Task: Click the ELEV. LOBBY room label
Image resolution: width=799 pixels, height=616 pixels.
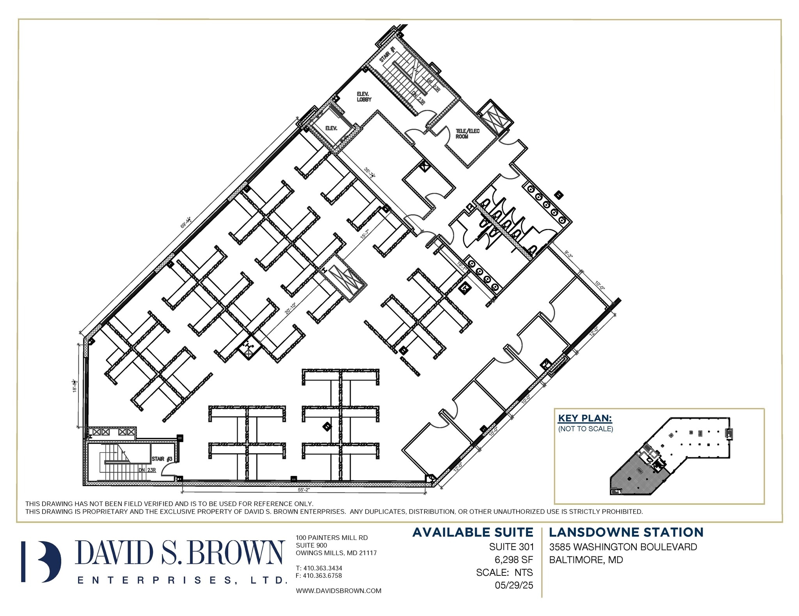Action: tap(364, 97)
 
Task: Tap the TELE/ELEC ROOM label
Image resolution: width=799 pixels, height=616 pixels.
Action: tap(467, 134)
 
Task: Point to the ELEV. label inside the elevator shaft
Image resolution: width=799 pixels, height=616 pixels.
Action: tap(331, 128)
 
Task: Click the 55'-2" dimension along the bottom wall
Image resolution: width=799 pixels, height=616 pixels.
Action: tap(304, 489)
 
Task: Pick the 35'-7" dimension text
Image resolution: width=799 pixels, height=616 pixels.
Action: tap(369, 173)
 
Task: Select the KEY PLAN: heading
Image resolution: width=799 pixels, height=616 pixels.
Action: tap(585, 418)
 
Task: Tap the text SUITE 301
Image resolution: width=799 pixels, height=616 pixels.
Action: tap(511, 547)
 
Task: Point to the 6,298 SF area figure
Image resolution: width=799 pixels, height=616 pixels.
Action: tap(513, 560)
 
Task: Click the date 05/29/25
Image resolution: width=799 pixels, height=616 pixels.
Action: tap(513, 585)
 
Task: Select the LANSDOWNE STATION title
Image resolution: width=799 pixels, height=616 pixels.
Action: tap(626, 532)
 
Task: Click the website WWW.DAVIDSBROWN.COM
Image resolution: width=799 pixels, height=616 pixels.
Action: tap(338, 591)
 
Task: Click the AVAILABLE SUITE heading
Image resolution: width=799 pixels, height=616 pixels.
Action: tap(472, 532)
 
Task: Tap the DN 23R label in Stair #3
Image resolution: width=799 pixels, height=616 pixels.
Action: tap(147, 470)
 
